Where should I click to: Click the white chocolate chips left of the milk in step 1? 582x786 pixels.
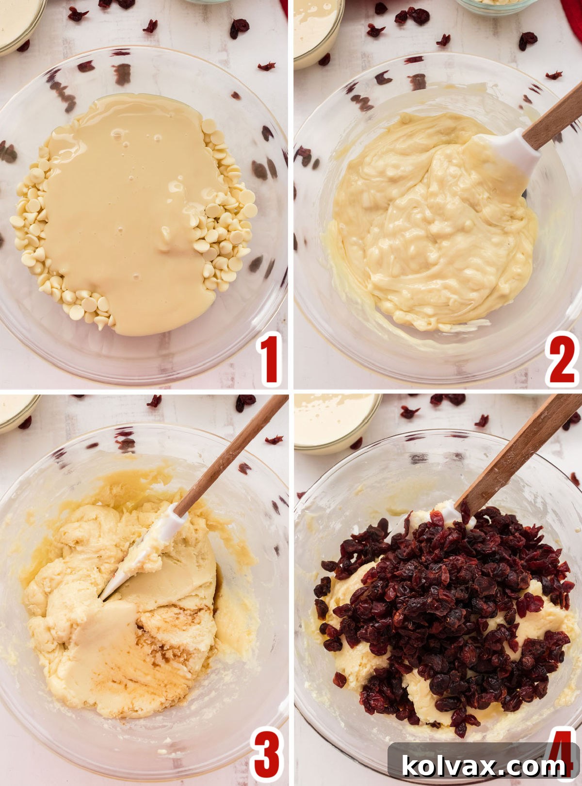tap(32, 213)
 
